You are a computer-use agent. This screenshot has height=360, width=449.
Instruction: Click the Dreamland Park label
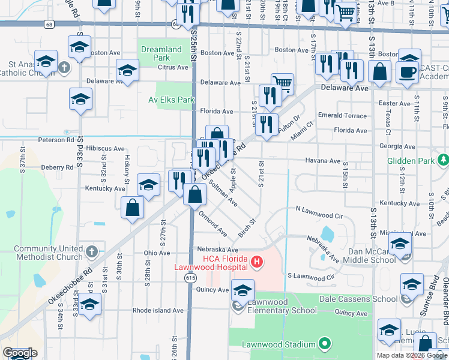pyautogui.click(x=160, y=53)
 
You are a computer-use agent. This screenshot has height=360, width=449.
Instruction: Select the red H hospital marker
pyautogui.click(x=257, y=262)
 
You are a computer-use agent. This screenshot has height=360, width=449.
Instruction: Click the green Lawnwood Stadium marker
pyautogui.click(x=325, y=344)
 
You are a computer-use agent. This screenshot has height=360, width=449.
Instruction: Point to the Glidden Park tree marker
pyautogui.click(x=443, y=160)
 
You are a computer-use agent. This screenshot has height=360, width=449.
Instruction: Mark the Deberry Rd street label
pyautogui.click(x=57, y=167)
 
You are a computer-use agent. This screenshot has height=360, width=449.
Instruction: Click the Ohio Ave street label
pyautogui.click(x=157, y=253)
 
